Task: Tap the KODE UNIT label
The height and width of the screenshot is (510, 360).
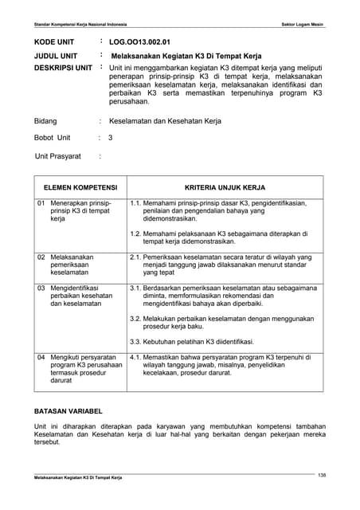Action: (x=55, y=41)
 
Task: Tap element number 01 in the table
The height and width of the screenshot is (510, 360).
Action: (x=41, y=204)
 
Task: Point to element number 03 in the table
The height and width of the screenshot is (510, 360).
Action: (x=41, y=287)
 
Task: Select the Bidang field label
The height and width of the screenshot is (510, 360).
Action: (x=45, y=121)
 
